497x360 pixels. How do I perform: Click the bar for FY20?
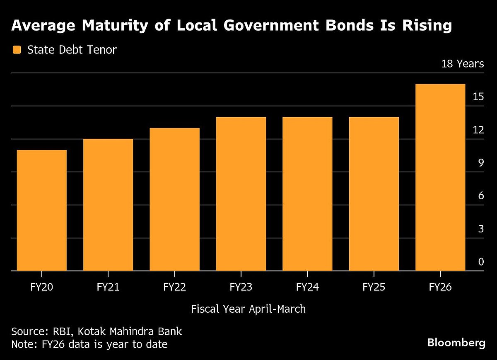pos(42,210)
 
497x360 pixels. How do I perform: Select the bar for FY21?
pos(108,205)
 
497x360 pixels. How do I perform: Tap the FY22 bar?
pos(174,199)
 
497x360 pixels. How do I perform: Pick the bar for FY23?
pos(241,194)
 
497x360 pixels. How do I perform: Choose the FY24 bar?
pos(307,194)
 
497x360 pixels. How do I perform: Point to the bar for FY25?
pos(374,194)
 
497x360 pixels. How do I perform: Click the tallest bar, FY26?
pos(440,177)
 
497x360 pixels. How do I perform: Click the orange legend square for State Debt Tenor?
pos(17,50)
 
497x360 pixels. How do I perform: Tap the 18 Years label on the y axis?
pos(463,64)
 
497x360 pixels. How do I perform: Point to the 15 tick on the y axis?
pos(478,97)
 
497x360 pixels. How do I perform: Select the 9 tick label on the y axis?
pos(481,163)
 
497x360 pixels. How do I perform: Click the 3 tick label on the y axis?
pos(481,229)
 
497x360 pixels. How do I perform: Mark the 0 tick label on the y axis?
pos(481,262)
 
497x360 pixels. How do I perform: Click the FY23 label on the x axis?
pos(241,287)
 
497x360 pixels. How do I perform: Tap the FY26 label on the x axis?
pos(440,287)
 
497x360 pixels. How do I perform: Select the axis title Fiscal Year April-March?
pos(248,309)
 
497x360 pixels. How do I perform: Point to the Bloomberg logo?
pos(456,343)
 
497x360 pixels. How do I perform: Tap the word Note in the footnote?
pos(23,344)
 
